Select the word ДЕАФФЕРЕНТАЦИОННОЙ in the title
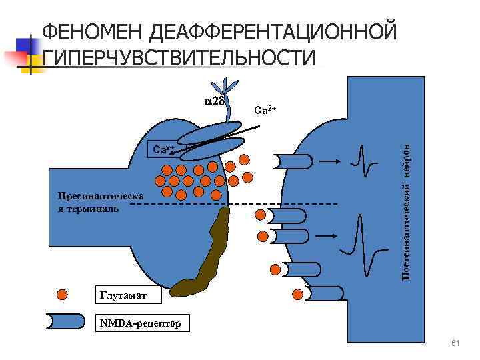[x=273, y=32]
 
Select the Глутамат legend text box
[x=121, y=295]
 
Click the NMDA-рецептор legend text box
[x=141, y=323]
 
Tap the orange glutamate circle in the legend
[x=62, y=295]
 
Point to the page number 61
[x=456, y=343]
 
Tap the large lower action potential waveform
[x=363, y=237]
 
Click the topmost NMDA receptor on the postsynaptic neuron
[x=291, y=162]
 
